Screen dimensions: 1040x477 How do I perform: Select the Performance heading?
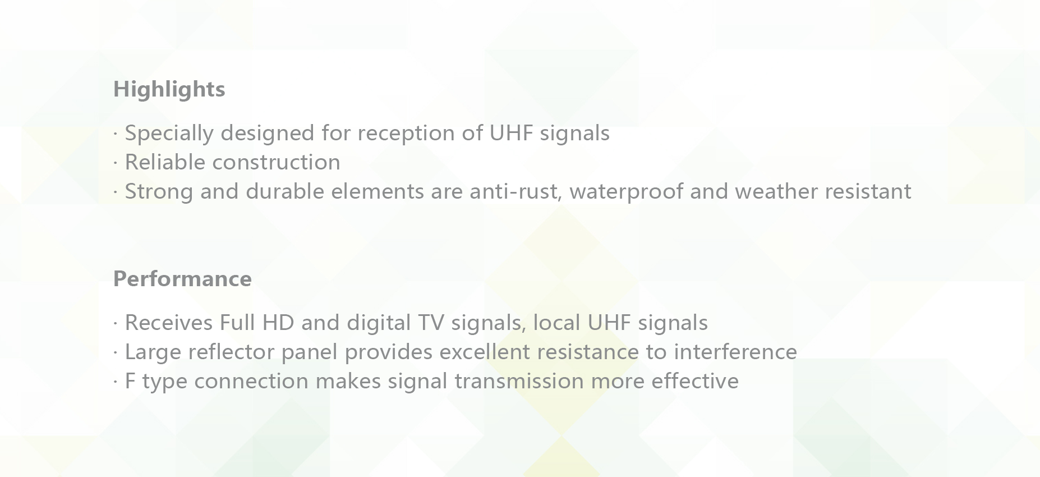point(182,279)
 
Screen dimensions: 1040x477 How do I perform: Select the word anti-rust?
point(516,192)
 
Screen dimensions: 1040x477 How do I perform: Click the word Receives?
point(168,323)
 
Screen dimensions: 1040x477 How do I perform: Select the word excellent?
point(485,352)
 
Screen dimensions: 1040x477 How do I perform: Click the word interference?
point(735,352)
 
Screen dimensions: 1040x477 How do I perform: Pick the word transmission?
point(519,382)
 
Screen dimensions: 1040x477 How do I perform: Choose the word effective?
point(695,382)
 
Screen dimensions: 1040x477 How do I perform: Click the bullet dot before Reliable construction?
point(115,163)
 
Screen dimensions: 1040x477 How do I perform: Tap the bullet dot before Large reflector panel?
point(115,353)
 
